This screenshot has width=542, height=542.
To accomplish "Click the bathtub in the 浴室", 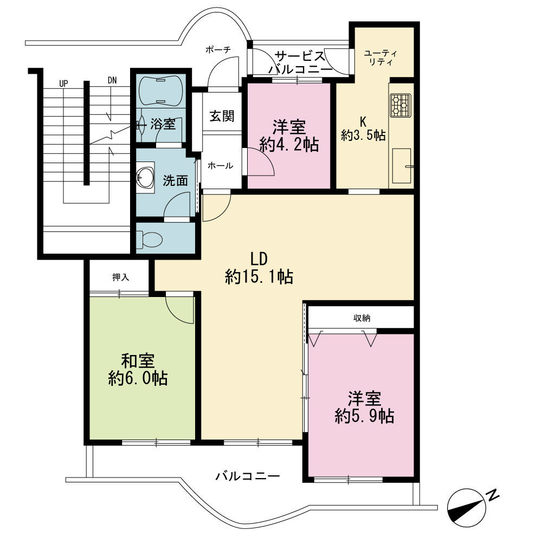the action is click(160, 90).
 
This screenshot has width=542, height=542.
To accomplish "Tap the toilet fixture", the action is click(150, 239).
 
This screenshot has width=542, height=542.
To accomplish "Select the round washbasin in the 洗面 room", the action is click(145, 178).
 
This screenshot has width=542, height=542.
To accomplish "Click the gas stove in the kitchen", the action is click(401, 106).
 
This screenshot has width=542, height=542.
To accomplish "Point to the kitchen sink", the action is click(402, 166).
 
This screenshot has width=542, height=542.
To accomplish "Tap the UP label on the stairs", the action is click(63, 83).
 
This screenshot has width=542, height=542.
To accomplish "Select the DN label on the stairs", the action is click(112, 81).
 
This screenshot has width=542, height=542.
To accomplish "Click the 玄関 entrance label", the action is click(222, 116).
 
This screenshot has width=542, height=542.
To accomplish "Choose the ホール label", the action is click(220, 166).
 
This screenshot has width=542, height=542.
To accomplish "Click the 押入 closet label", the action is click(121, 277).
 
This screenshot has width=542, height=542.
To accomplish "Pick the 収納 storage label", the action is click(362, 318).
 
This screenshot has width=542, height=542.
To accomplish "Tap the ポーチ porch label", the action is click(218, 50).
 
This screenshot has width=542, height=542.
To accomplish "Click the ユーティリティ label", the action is click(380, 58).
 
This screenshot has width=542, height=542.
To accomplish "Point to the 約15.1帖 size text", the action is click(259, 277).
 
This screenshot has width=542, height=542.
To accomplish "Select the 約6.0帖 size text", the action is click(138, 378).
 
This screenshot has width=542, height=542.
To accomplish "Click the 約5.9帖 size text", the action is click(364, 416).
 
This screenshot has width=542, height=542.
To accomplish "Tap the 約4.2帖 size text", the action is click(289, 145).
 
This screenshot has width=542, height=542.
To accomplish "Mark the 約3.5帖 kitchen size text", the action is click(363, 135).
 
